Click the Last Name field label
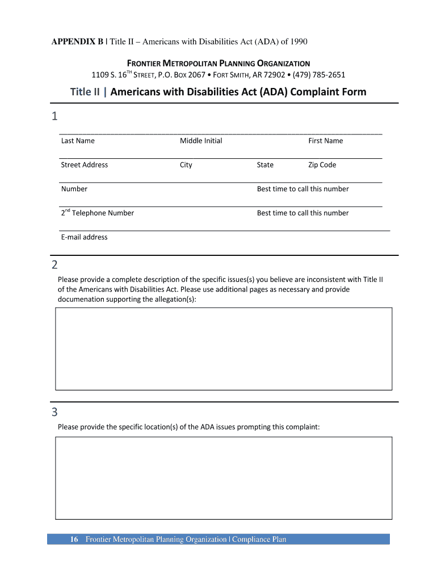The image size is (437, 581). (78, 141)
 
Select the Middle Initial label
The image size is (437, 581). (201, 141)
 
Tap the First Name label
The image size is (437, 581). (325, 141)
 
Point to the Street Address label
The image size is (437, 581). (84, 165)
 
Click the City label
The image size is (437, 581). (186, 165)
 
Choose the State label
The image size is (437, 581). (265, 165)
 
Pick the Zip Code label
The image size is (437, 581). (322, 165)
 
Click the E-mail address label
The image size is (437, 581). (84, 237)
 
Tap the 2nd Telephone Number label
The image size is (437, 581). (98, 213)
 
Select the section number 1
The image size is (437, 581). (54, 117)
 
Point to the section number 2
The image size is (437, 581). (54, 265)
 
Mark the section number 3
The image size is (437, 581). (54, 412)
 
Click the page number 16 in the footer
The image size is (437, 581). (74, 540)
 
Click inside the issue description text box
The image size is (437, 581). (224, 348)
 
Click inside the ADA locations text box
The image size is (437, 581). (224, 478)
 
